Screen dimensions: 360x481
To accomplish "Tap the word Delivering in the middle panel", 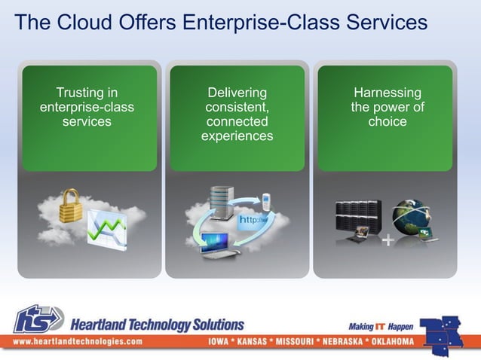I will coord(237,93).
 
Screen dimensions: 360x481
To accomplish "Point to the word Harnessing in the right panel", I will coord(387,93).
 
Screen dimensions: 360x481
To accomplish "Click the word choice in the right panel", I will coord(387,121).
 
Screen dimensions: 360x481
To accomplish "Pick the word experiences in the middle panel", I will coord(237,136).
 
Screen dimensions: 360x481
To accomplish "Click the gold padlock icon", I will coord(71,206).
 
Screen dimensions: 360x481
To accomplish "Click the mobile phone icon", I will coord(265,203).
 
